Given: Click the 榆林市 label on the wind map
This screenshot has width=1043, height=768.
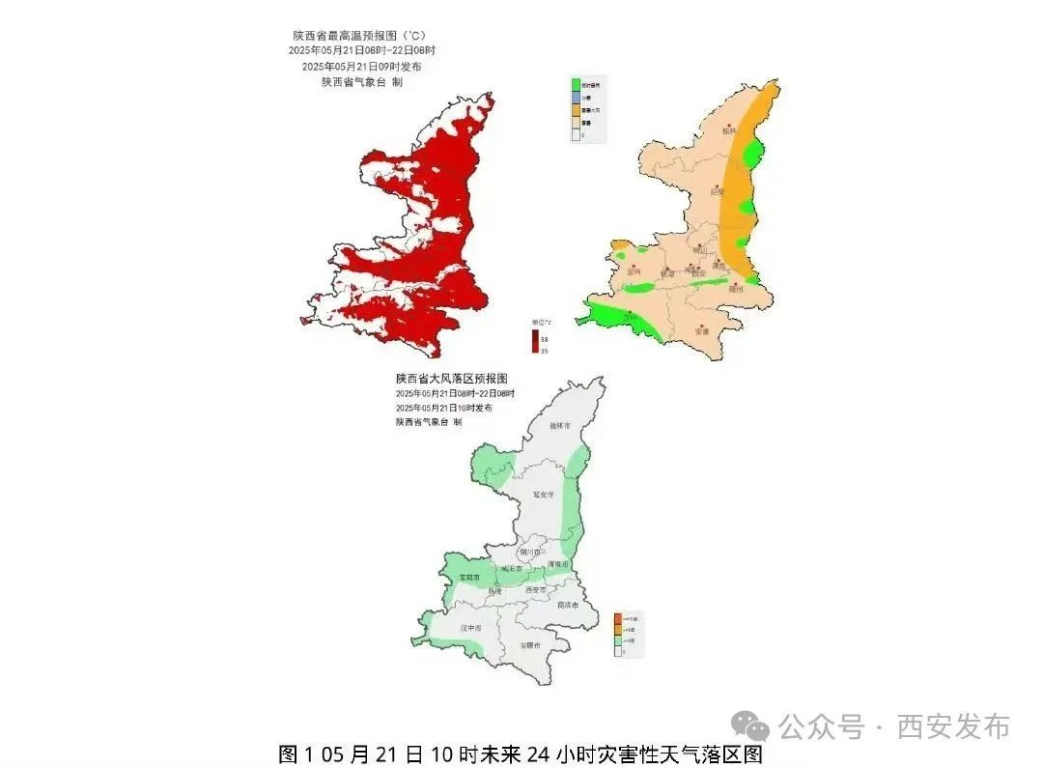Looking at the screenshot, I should pos(559,425).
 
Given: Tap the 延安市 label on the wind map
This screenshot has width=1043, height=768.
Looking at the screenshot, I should pos(545,495).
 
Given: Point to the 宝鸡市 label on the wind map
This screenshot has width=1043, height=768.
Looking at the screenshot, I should pos(470,577).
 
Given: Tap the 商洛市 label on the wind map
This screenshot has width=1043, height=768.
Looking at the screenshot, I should pos(568,606).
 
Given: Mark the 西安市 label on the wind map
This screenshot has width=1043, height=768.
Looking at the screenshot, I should pos(536,589).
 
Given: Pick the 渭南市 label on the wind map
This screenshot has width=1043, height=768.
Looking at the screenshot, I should pos(558,563).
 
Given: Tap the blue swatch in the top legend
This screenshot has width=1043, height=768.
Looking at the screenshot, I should pos(576,98).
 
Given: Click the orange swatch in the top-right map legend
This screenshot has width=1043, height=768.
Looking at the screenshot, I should pos(576,110).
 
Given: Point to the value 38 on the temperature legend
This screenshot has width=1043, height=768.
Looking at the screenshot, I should pos(544,339).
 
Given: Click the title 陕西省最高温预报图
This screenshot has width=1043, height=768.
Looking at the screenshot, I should pos(358,36).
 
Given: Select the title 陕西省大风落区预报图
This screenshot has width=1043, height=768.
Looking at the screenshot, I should pos(451,379).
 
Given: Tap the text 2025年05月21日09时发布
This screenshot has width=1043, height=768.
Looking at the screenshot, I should pos(361,67).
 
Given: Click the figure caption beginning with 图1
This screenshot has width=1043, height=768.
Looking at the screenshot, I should pos(521,754).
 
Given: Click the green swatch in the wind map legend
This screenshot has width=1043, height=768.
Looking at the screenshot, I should pos(618,640).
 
